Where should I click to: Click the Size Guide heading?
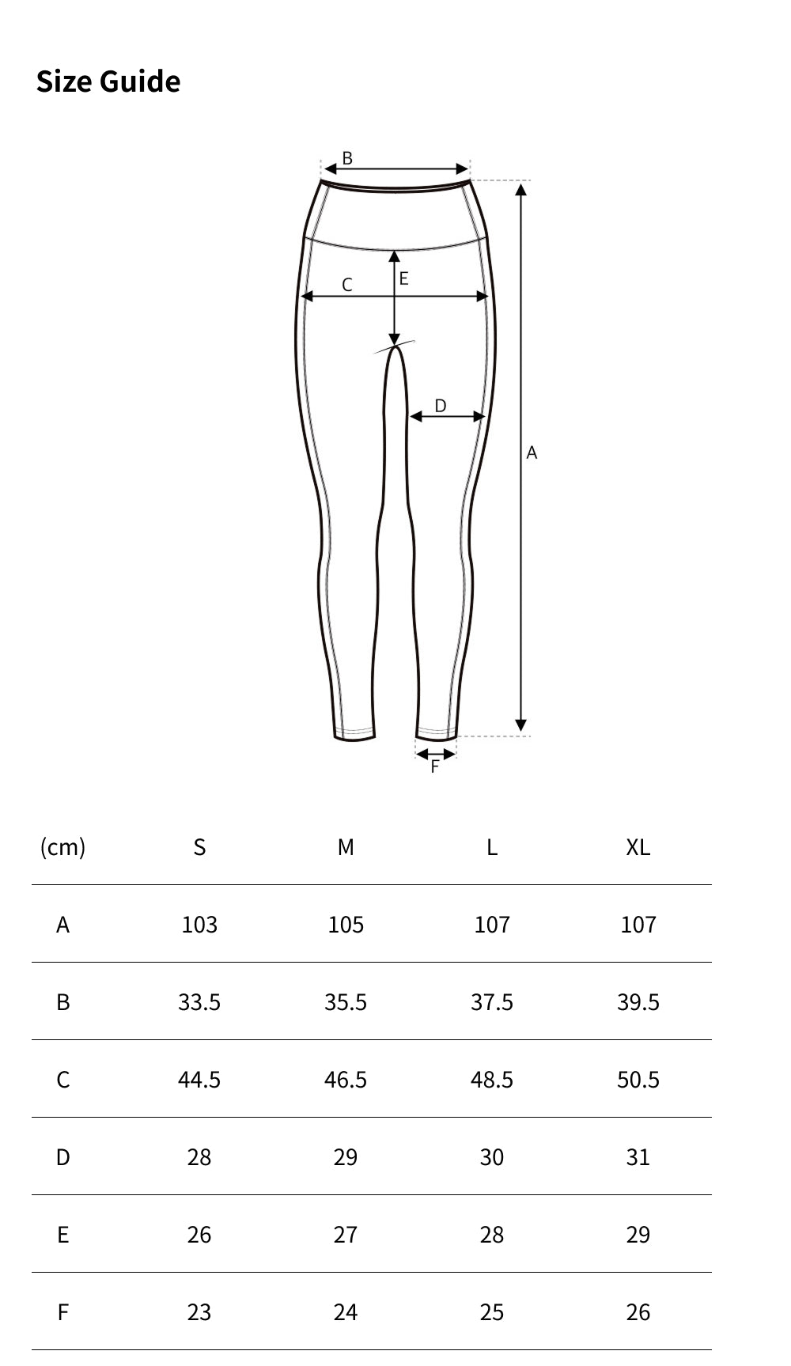coord(108,81)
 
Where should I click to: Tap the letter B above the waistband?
coord(346,158)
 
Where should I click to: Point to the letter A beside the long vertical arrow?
coord(532,452)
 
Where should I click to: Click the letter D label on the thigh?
coord(441,406)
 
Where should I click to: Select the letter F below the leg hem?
coord(434,766)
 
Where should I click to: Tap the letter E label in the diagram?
coord(403,278)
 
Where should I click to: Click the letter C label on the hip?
coord(346,285)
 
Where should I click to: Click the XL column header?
coord(638,847)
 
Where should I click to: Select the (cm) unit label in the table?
coord(62,847)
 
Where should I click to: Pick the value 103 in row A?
coord(199,925)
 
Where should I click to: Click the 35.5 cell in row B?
coord(346,1002)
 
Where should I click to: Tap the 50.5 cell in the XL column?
coord(638,1080)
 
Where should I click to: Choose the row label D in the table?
coord(62,1157)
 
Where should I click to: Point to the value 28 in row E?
coord(491,1235)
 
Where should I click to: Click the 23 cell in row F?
coord(199,1312)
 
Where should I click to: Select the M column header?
coord(346,847)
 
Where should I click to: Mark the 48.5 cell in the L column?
coord(491,1080)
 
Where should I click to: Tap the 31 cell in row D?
coord(638,1157)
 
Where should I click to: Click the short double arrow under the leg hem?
coord(436,754)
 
